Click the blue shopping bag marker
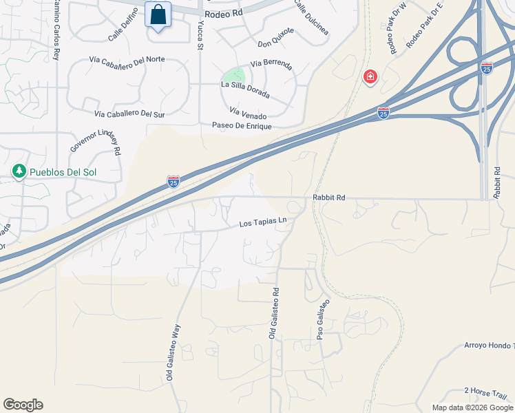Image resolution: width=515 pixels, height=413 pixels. [158, 15]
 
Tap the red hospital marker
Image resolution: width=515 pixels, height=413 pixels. [370, 76]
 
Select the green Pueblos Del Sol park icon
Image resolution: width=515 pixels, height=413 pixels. [19, 170]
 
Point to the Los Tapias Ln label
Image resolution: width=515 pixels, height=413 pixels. [262, 223]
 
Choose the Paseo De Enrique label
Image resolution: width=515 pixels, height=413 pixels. [242, 126]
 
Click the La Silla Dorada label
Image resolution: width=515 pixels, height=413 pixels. [245, 89]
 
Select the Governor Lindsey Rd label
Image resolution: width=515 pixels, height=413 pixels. [96, 140]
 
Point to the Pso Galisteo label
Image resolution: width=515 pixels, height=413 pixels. [323, 319]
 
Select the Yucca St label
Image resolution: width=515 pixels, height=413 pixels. [200, 34]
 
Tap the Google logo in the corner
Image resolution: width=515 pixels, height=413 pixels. [23, 405]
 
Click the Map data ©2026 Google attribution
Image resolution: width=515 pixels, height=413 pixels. [472, 407]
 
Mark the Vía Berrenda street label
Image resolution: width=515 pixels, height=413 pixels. [271, 65]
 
